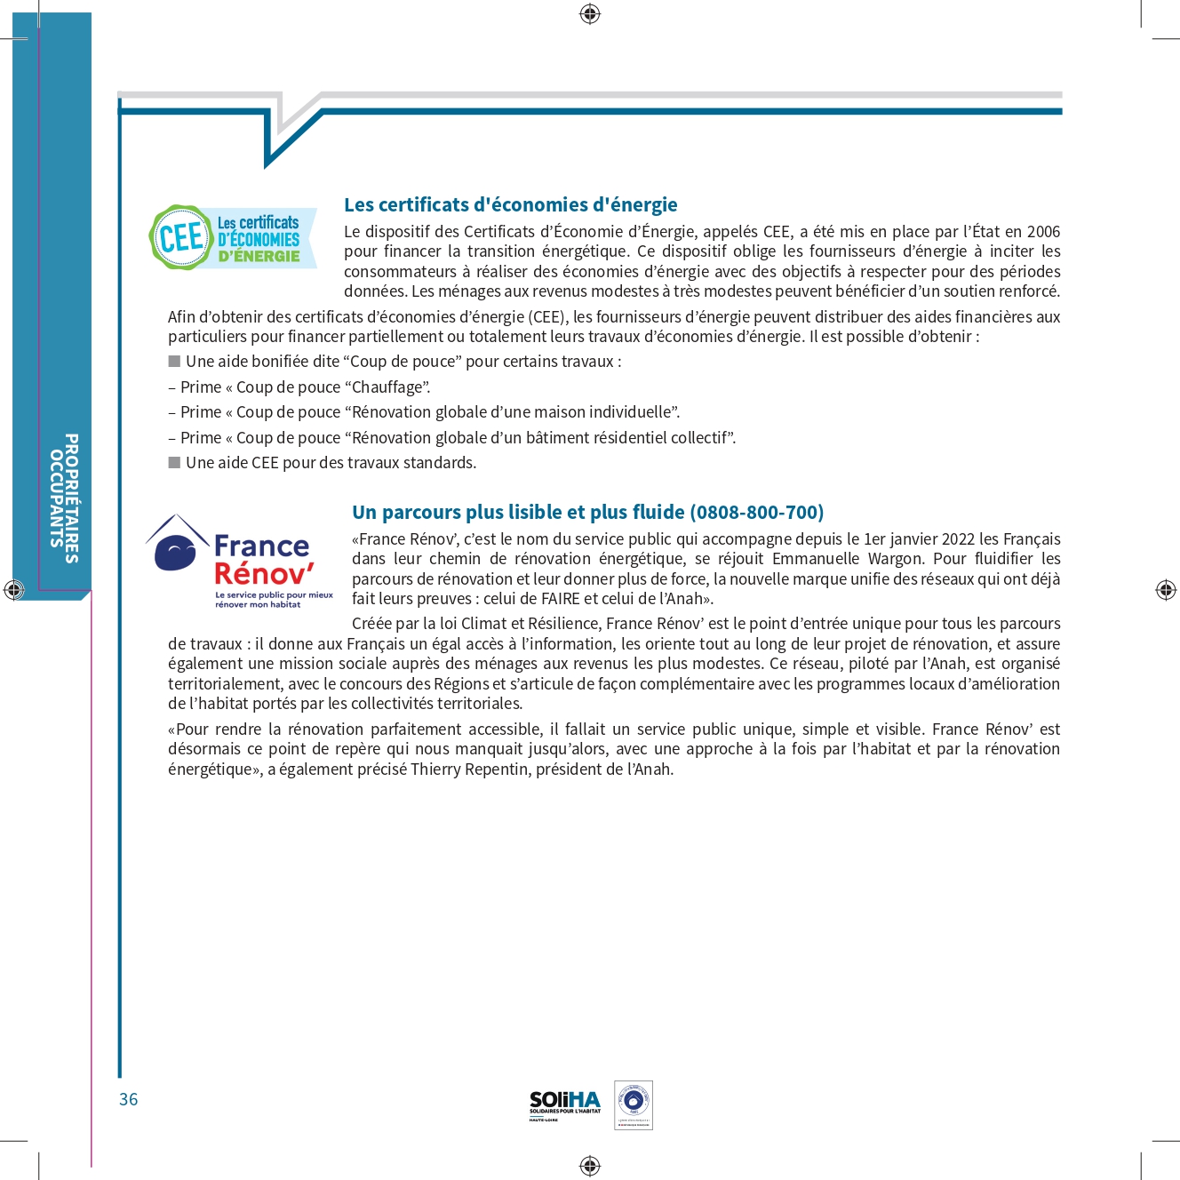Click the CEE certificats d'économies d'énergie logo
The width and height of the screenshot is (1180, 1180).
[x=232, y=238]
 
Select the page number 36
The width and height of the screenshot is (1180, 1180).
[x=129, y=1099]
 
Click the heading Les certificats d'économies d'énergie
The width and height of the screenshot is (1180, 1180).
[x=510, y=205]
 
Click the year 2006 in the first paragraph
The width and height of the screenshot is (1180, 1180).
[x=1043, y=232]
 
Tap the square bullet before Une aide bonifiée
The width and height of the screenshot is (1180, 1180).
[x=174, y=362]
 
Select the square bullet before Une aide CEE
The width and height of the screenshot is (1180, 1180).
[x=174, y=463]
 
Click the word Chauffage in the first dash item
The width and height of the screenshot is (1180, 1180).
[x=387, y=387]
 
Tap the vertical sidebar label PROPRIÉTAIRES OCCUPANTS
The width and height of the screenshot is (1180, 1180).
[x=64, y=498]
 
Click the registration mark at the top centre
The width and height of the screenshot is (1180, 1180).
[x=590, y=13]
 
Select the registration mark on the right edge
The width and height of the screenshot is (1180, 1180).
[x=1166, y=589]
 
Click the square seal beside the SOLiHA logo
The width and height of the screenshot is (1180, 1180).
[x=634, y=1104]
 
